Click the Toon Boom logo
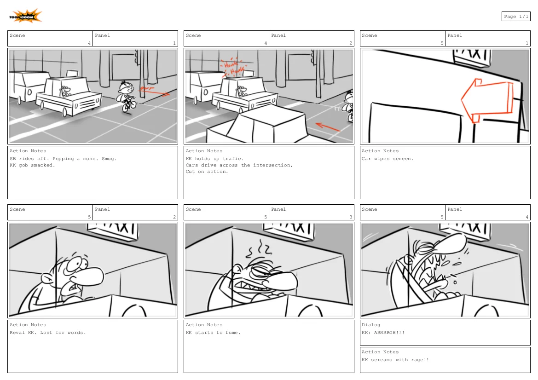tap(25, 17)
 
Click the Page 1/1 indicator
tap(515, 17)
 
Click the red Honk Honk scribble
tap(234, 68)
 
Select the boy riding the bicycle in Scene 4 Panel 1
tap(126, 96)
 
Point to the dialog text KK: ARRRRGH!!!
tap(383, 333)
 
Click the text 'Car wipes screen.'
tap(388, 159)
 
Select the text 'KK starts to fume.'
tap(213, 333)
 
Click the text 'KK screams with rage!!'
tap(395, 360)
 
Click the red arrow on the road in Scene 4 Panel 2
tap(328, 127)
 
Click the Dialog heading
tap(371, 325)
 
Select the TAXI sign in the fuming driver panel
tap(292, 229)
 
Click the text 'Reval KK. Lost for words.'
tap(48, 333)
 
